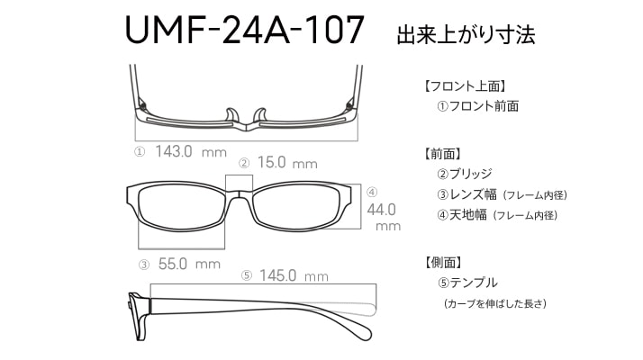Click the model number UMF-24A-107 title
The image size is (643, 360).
point(244,30)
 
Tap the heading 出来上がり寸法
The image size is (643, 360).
point(466,34)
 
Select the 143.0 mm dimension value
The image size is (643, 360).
point(191,152)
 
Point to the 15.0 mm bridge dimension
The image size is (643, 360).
point(287,163)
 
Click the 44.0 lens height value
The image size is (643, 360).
point(382,210)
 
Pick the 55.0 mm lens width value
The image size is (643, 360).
point(189,264)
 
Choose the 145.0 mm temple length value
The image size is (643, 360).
point(294,275)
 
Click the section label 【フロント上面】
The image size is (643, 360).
point(465,86)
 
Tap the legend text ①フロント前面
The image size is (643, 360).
point(478,106)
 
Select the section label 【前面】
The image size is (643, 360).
point(443,154)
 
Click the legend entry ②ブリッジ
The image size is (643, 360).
point(465,174)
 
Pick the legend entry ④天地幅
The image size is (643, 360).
point(462,214)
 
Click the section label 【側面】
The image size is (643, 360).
point(443,263)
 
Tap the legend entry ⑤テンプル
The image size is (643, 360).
point(467,283)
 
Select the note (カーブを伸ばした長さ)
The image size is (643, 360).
point(495,304)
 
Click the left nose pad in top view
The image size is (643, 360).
point(231,115)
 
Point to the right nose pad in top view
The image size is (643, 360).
point(260,115)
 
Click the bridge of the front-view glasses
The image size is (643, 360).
point(239,193)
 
